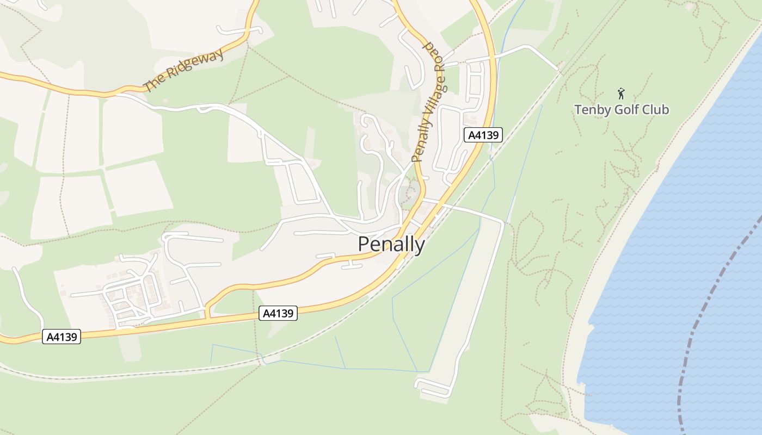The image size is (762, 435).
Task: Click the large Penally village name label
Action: pyautogui.click(x=391, y=244)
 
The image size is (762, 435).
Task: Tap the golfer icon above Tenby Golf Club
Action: pyautogui.click(x=621, y=94)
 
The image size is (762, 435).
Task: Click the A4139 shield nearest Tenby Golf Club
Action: pyautogui.click(x=483, y=135)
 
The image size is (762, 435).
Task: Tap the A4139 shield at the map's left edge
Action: pyautogui.click(x=62, y=337)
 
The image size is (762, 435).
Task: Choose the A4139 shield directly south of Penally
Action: pyautogui.click(x=278, y=313)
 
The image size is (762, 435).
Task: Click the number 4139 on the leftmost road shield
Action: pyautogui.click(x=64, y=337)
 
